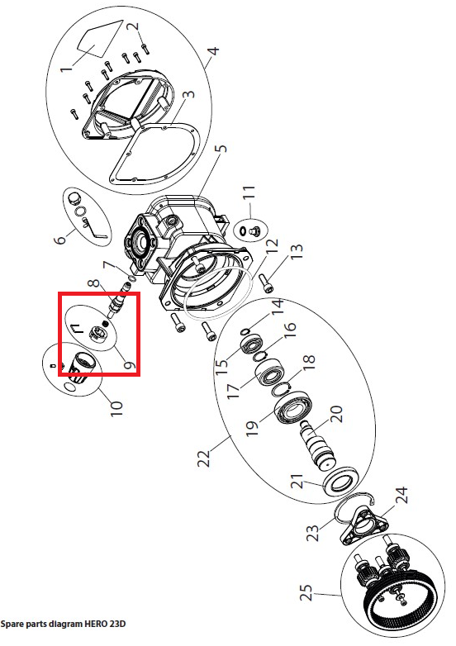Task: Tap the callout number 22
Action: tap(204, 458)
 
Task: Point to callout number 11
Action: tap(249, 192)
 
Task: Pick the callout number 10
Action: tap(116, 408)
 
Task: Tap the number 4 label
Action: tap(213, 51)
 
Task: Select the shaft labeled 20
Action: tap(318, 446)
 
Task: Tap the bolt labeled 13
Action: tap(267, 283)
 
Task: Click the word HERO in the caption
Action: tap(96, 624)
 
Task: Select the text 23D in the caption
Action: tap(117, 624)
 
